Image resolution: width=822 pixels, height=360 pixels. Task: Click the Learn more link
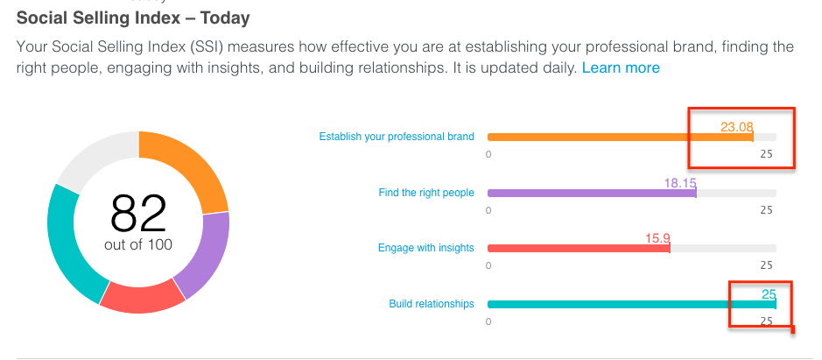point(621,67)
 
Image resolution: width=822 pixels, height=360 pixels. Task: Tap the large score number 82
point(138,213)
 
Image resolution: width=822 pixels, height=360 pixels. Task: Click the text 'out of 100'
point(138,244)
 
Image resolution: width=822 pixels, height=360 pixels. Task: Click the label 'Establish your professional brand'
point(397,137)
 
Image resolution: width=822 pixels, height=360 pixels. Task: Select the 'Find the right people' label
point(426,193)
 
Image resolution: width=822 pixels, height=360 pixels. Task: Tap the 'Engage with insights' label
point(425,248)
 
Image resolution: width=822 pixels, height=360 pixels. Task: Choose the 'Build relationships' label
point(432,304)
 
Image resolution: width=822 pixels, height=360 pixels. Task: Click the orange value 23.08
point(736,127)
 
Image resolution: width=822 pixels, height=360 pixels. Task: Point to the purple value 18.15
point(680,183)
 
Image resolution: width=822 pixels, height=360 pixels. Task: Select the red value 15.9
point(657,238)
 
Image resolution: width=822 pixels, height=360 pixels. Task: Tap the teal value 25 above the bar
point(769,294)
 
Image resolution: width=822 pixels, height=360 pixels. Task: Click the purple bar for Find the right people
point(592,193)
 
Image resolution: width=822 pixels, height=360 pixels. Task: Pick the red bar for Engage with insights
point(579,248)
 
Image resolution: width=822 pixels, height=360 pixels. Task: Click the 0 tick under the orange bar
point(488,154)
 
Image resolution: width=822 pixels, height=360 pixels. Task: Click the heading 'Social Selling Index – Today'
point(133,18)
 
